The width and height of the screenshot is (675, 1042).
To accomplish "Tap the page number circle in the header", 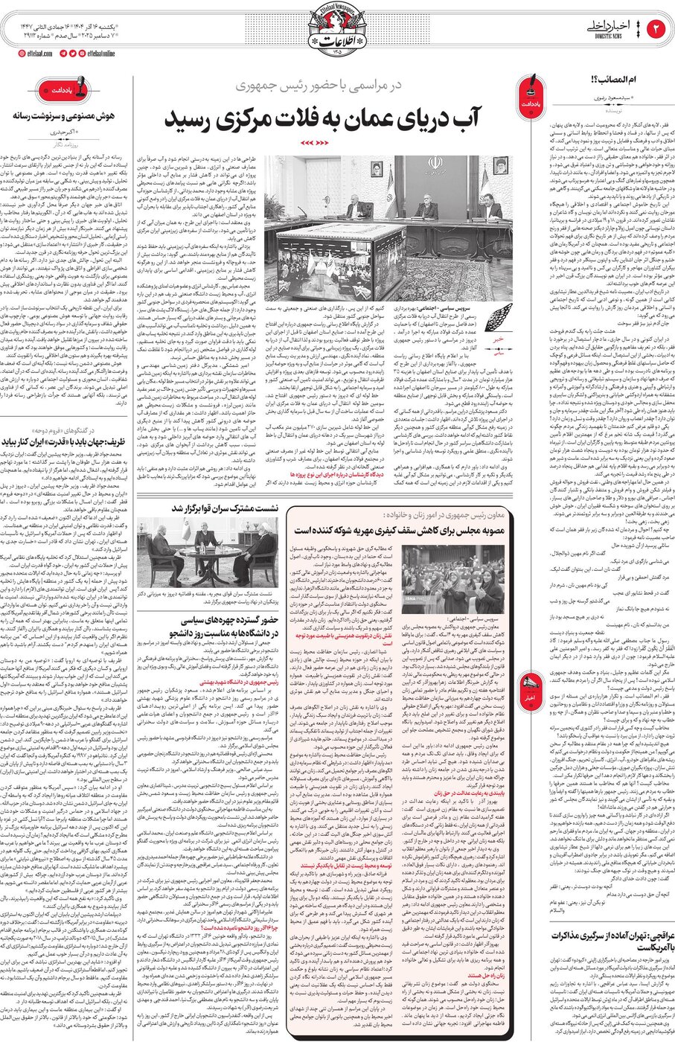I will point(658,29).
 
